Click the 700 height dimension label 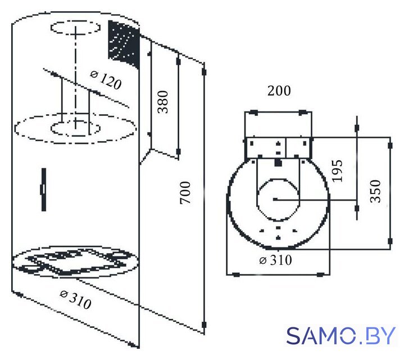(x=185, y=192)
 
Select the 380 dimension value (x=163, y=102)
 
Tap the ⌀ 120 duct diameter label (x=106, y=79)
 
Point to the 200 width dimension (x=279, y=91)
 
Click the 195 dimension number (x=337, y=171)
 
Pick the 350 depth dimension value (x=375, y=191)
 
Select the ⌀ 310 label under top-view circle (x=275, y=260)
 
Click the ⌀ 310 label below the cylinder (x=75, y=299)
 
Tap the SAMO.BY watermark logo (x=341, y=335)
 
